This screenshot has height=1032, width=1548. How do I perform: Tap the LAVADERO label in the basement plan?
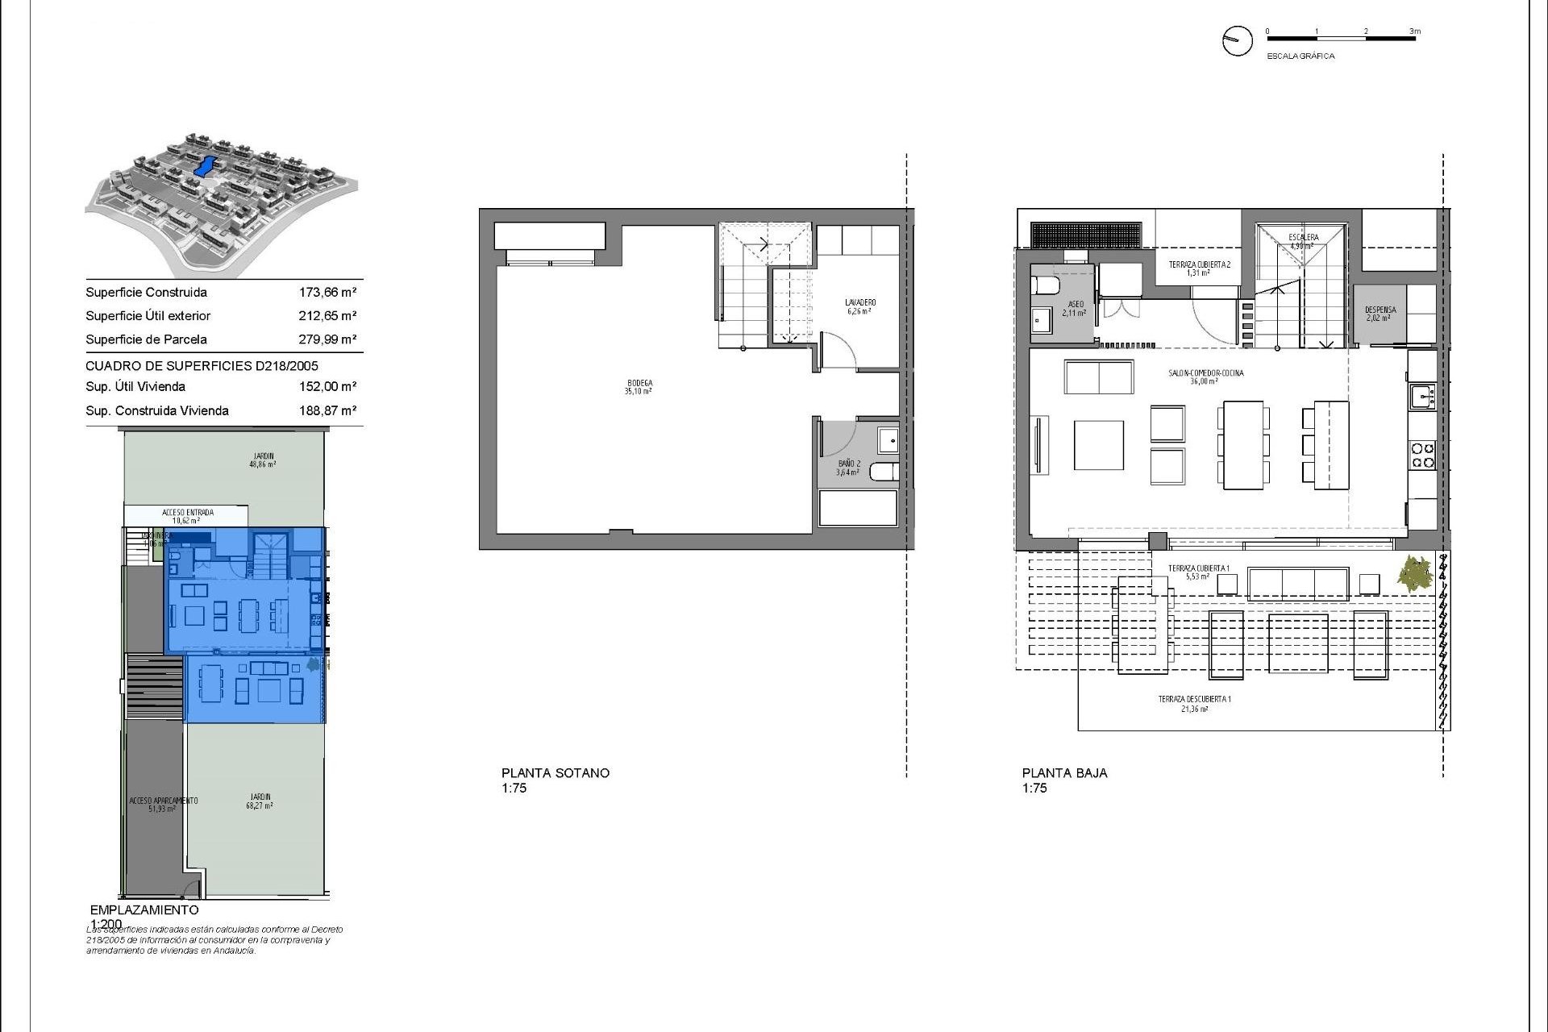(861, 306)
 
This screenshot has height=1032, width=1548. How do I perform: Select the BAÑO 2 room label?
(848, 468)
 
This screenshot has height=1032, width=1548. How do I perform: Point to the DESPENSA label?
(1379, 314)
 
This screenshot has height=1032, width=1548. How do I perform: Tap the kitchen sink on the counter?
(1421, 396)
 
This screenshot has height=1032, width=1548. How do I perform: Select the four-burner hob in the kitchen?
(1422, 456)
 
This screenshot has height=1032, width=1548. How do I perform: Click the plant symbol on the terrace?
(1415, 574)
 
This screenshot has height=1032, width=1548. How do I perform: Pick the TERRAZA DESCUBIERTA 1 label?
(1194, 703)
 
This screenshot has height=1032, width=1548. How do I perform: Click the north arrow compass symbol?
(1237, 40)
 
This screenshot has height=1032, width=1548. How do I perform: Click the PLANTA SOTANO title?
(555, 772)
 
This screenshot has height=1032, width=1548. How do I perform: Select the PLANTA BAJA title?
(1064, 772)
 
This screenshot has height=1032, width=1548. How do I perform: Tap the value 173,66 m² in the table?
(327, 293)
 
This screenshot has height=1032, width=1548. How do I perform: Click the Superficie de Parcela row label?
(146, 339)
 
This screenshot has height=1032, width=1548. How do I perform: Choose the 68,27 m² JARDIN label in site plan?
(260, 801)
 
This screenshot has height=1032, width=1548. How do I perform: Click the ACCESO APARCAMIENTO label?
(163, 804)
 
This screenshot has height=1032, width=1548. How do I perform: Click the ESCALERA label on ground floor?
(1303, 241)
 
